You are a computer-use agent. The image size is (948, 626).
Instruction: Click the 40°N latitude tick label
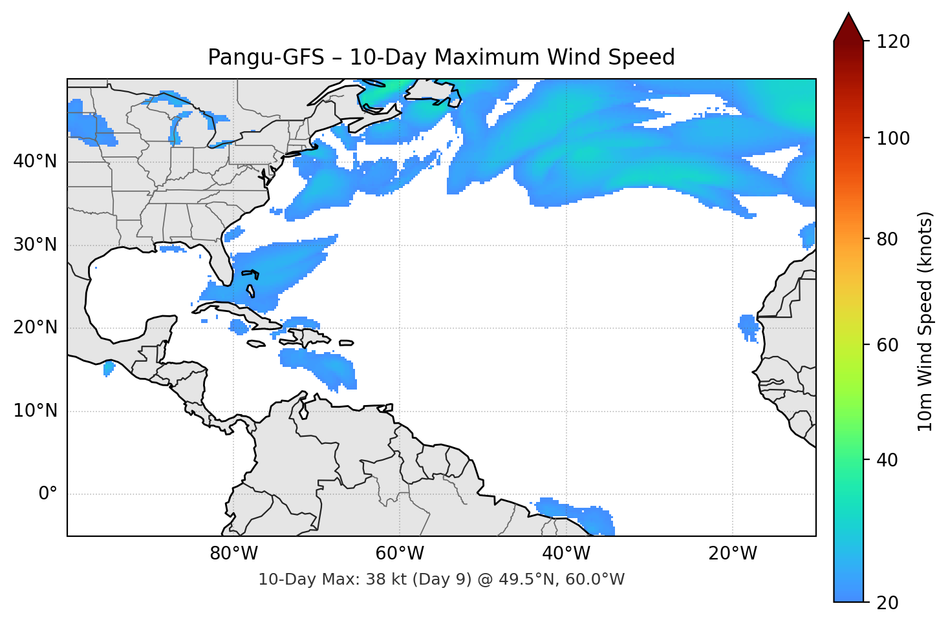coord(35,162)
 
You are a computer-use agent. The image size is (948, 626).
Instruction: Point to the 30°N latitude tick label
coord(35,245)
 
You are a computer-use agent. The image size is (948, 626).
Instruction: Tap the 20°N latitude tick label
coord(35,328)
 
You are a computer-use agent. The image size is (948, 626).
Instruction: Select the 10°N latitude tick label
coord(35,411)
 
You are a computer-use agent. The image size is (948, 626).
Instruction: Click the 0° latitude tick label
coord(48,494)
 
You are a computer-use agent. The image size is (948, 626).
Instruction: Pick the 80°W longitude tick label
coord(233,554)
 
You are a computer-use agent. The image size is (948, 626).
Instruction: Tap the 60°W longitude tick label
coord(400,554)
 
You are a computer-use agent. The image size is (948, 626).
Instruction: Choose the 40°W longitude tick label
coord(566,554)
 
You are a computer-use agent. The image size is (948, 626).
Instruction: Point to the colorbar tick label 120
coord(893,42)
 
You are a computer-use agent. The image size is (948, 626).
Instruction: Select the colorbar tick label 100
coord(893,138)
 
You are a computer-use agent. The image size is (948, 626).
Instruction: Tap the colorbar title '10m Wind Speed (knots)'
coord(925,321)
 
